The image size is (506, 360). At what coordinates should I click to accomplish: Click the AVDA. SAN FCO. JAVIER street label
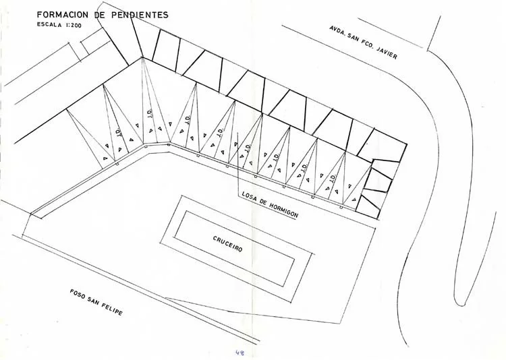click(x=363, y=42)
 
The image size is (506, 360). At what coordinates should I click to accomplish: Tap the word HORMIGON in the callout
click(x=283, y=207)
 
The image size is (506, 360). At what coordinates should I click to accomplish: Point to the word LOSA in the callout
click(x=249, y=197)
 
